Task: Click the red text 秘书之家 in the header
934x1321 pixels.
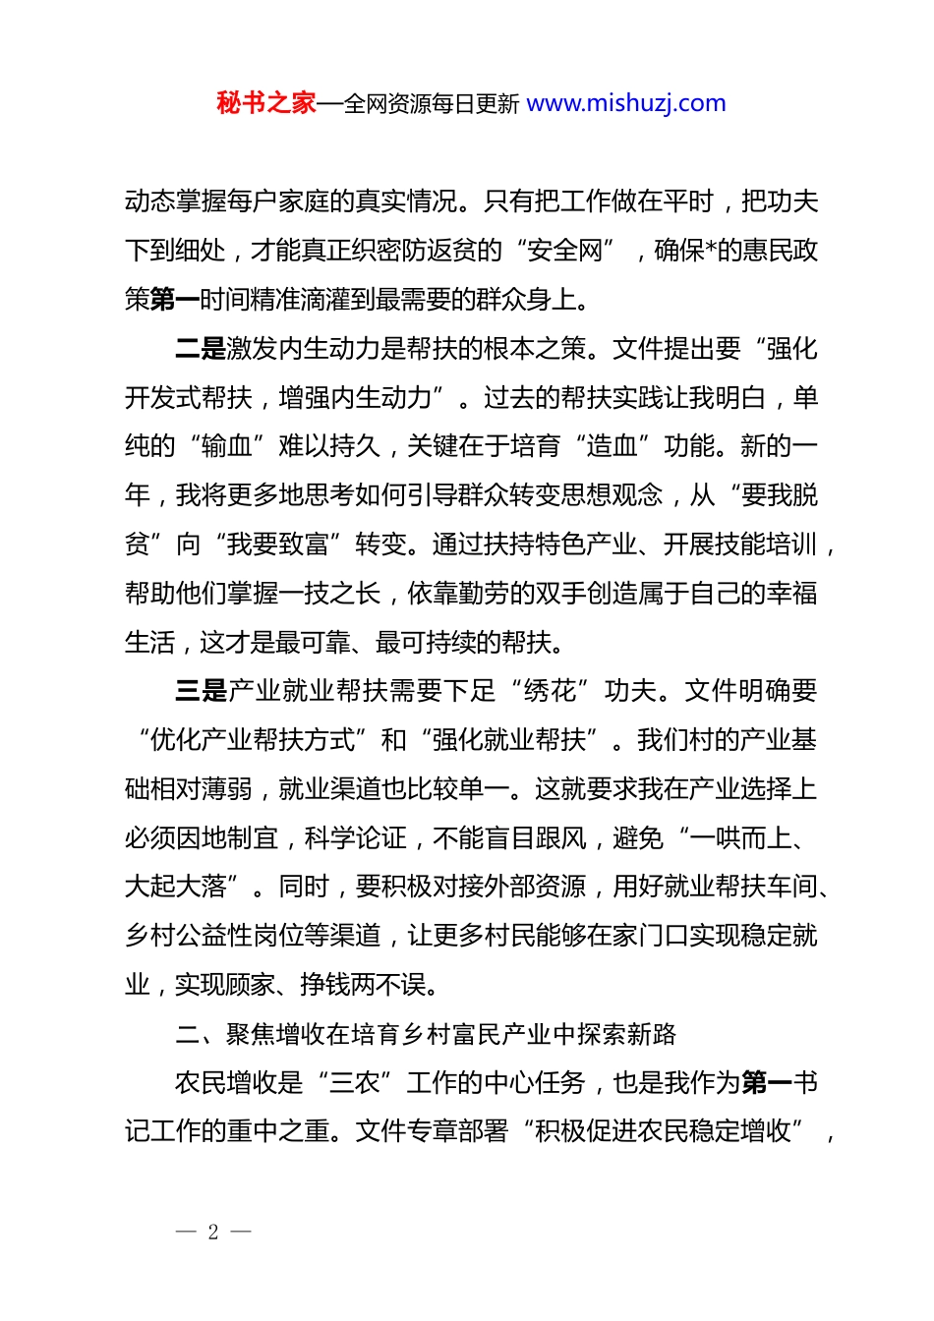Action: pos(265,103)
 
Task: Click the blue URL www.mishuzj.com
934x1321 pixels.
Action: pos(625,103)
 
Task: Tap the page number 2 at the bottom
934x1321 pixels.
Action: pos(213,1232)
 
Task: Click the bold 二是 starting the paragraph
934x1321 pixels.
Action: pos(201,349)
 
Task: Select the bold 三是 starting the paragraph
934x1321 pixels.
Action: pos(201,691)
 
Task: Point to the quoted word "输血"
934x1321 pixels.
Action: pos(227,446)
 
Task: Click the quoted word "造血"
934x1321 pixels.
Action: pos(613,446)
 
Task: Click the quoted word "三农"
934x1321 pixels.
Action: pos(355,1083)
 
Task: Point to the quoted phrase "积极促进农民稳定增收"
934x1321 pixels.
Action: pos(664,1132)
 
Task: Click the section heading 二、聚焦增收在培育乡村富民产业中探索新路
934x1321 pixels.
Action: pos(426,1034)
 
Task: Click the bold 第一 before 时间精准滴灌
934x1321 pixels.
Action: pos(175,300)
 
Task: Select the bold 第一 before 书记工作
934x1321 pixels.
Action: pos(767,1083)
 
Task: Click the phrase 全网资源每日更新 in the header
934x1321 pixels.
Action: pos(432,103)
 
